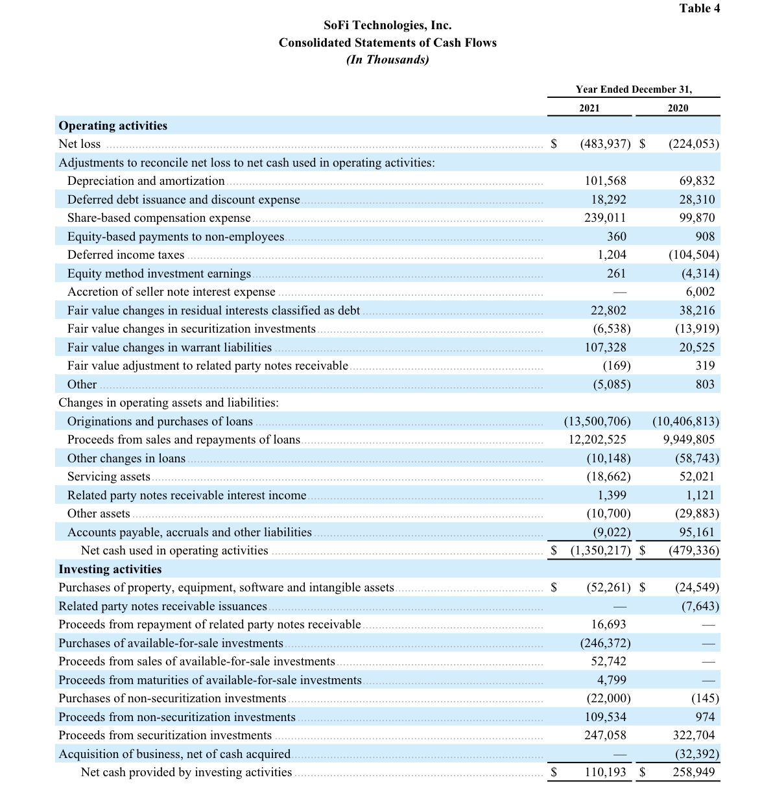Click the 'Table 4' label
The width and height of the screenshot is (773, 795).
tap(699, 8)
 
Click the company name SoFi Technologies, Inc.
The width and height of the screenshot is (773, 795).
tap(387, 25)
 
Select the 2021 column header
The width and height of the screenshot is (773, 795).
tap(589, 108)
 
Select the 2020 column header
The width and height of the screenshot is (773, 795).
tap(678, 108)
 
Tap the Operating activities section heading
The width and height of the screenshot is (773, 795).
tap(113, 126)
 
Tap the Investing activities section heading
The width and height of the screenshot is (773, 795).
tap(110, 569)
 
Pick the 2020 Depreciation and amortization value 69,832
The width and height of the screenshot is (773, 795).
tap(696, 181)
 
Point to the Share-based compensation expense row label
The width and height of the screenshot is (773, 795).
tap(159, 218)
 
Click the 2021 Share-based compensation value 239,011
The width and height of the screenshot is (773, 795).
tap(605, 218)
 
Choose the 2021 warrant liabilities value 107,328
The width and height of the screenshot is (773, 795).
tap(605, 348)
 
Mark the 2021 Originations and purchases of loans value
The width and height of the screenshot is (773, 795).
tap(597, 421)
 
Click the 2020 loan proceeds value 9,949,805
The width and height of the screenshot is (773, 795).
tap(688, 440)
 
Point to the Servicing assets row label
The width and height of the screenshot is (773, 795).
tap(109, 477)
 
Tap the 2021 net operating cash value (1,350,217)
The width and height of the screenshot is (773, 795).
tap(600, 551)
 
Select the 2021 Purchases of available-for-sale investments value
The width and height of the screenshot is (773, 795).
tap(604, 643)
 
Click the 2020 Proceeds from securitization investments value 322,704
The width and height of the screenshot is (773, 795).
tap(694, 735)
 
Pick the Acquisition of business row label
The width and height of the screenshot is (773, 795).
tap(174, 754)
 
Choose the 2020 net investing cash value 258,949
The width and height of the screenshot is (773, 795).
tap(694, 772)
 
